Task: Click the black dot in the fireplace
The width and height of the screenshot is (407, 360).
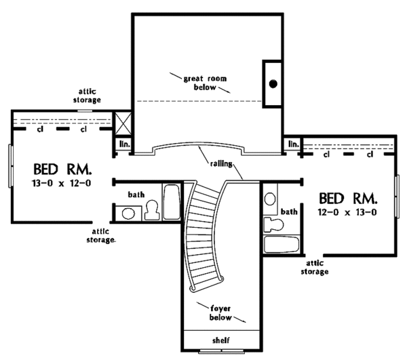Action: (273, 83)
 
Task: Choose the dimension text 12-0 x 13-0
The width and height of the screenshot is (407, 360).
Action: (347, 212)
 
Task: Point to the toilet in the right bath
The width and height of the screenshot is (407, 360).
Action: (272, 224)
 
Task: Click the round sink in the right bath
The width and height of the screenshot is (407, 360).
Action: (270, 199)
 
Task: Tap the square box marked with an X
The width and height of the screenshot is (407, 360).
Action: (125, 124)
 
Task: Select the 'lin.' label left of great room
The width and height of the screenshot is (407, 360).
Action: (125, 144)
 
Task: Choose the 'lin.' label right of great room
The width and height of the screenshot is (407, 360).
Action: (293, 144)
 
